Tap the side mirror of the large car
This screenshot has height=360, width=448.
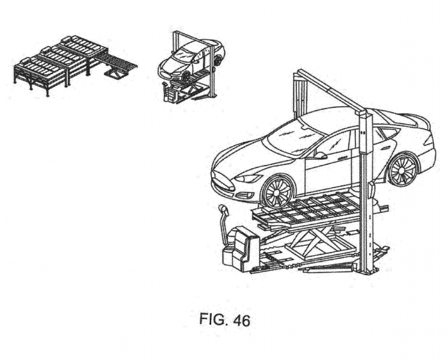coord(319,154)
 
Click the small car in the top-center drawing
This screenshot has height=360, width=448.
coord(189,61)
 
